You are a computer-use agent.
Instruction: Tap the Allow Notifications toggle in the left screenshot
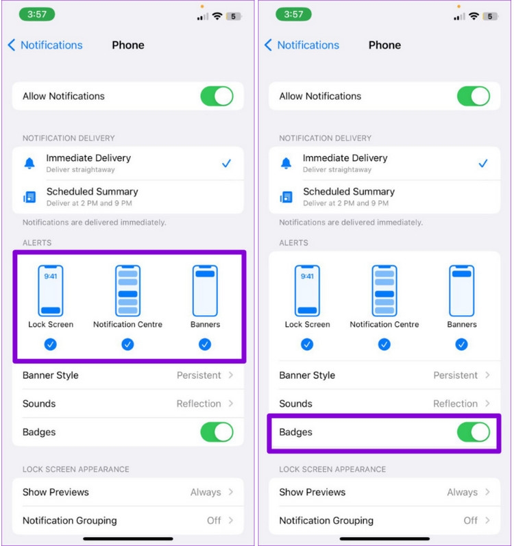[217, 96]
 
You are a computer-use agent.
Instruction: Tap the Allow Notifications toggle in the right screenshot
[474, 96]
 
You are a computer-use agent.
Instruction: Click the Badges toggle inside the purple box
[474, 432]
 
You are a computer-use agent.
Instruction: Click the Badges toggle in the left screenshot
[217, 432]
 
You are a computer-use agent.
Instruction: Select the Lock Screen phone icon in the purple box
[51, 290]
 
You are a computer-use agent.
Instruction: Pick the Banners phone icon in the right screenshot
[461, 290]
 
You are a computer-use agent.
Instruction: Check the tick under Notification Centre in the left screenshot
[127, 345]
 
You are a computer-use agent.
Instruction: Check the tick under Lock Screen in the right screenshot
[307, 345]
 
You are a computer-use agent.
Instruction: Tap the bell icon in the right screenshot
[286, 163]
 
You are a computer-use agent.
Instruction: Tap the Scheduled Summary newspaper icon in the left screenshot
[29, 197]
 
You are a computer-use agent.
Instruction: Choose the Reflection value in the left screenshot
[199, 404]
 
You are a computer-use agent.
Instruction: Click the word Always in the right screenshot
[462, 492]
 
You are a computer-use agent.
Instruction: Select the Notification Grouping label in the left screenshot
[69, 521]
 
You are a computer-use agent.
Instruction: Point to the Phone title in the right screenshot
[384, 45]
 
